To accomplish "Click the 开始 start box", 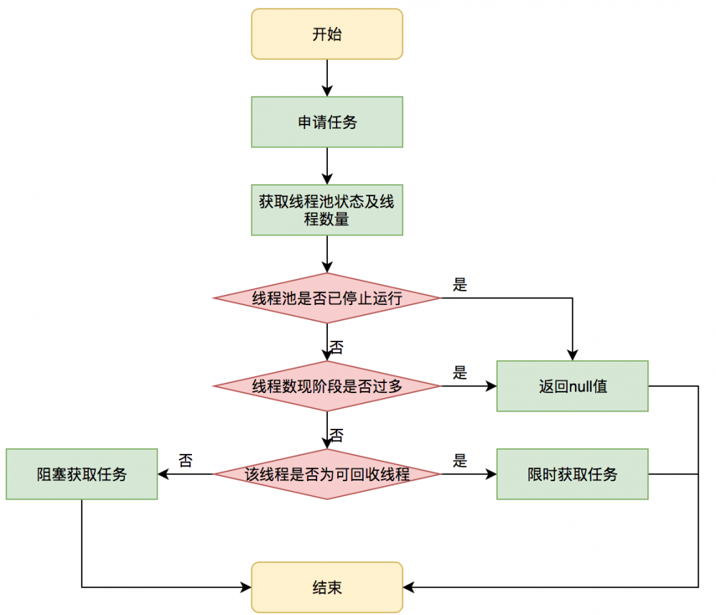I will coord(327,34).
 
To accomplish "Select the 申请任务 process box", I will coord(327,122).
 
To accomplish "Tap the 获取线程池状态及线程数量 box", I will coord(327,210).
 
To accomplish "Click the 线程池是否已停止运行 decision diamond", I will coord(327,298).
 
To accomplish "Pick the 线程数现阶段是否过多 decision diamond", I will coord(327,386).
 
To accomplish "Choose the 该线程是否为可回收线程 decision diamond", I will coord(327,474).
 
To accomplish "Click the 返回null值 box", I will coord(572,386).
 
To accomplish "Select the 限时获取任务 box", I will coord(572,474).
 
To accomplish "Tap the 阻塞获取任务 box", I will coord(82,474).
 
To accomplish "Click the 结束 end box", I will coord(327,588).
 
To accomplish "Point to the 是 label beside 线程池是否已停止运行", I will coord(460,284).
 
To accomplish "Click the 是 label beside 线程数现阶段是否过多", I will coord(460,372).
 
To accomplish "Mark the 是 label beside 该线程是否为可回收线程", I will coord(460,460).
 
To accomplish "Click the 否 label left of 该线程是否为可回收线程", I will coord(185,460).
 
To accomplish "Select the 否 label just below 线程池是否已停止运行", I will coord(336,348).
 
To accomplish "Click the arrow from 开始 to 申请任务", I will coord(327,77).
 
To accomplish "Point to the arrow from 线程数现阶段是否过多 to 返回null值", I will coord(469,386).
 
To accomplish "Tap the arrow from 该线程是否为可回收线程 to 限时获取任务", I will coord(469,474).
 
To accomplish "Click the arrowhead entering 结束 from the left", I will coord(246,588).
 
